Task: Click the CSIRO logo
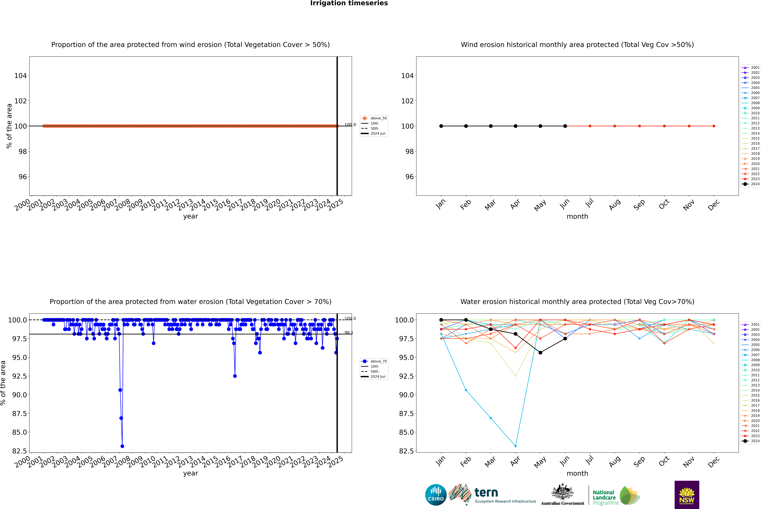click(436, 495)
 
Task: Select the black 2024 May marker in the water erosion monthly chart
click(540, 353)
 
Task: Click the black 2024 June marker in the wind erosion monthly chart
click(565, 126)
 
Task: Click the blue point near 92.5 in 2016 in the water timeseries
click(235, 376)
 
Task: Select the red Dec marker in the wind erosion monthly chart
click(714, 126)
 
